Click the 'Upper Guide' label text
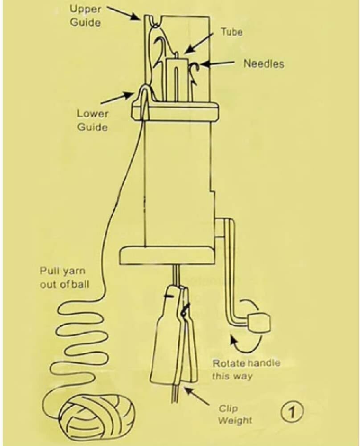[x=85, y=16]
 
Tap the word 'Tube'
[x=232, y=32]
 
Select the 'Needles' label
[x=264, y=63]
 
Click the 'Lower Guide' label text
[x=92, y=120]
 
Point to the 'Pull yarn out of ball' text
[x=64, y=277]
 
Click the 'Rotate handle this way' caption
[x=246, y=369]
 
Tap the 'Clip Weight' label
[x=235, y=414]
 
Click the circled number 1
[x=292, y=412]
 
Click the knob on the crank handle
[x=259, y=323]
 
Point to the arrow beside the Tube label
[x=199, y=43]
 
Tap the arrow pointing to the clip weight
[x=198, y=395]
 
